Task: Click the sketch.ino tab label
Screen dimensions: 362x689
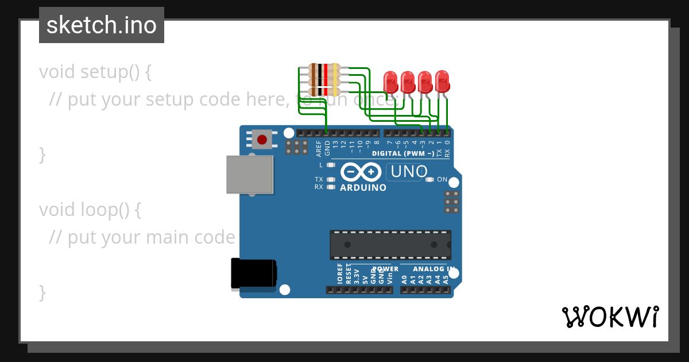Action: click(102, 25)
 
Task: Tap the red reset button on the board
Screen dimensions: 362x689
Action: click(262, 140)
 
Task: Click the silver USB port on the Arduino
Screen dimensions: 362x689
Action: click(250, 174)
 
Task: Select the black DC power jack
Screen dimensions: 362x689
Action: click(253, 274)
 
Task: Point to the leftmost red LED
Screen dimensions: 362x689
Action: click(390, 82)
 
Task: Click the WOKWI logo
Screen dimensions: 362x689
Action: click(610, 317)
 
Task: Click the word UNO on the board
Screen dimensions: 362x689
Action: click(409, 171)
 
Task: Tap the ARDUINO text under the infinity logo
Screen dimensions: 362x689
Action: click(363, 187)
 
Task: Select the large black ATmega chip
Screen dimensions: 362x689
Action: click(390, 245)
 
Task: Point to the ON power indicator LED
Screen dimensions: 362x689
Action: click(430, 179)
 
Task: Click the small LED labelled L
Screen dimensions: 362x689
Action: click(330, 165)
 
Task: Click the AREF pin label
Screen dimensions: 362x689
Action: click(319, 149)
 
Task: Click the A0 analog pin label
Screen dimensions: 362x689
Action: click(404, 279)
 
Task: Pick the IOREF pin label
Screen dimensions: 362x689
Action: click(340, 274)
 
